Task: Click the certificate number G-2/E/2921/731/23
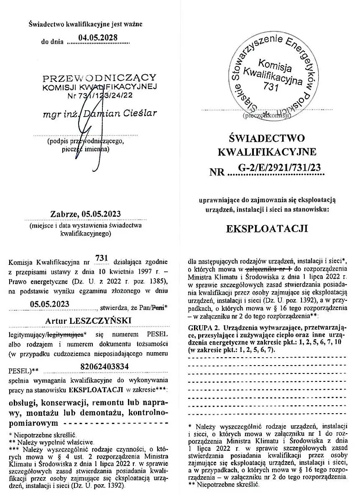pos(281,168)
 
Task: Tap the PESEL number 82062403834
pos(104,367)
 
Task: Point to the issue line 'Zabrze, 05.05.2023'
pos(85,214)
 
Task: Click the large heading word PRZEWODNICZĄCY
pos(100,78)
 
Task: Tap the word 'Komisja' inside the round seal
pos(275,64)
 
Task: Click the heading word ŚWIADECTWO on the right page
pos(267,138)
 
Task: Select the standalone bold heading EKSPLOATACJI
pos(267,229)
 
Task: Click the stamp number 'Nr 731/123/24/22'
pos(100,95)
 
